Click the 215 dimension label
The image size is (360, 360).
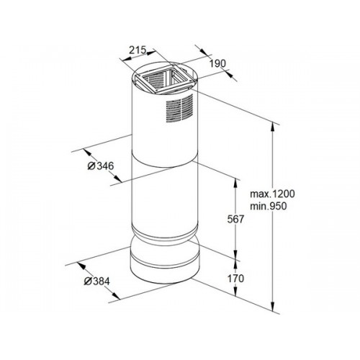(138, 50)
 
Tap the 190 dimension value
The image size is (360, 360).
(218, 64)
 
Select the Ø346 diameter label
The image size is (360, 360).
(101, 166)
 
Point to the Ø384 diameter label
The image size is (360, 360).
(96, 281)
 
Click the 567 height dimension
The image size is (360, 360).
(235, 219)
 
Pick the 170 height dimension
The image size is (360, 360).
(235, 279)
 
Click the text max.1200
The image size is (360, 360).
(272, 194)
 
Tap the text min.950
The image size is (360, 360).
(269, 206)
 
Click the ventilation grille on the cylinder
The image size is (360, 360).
(179, 109)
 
